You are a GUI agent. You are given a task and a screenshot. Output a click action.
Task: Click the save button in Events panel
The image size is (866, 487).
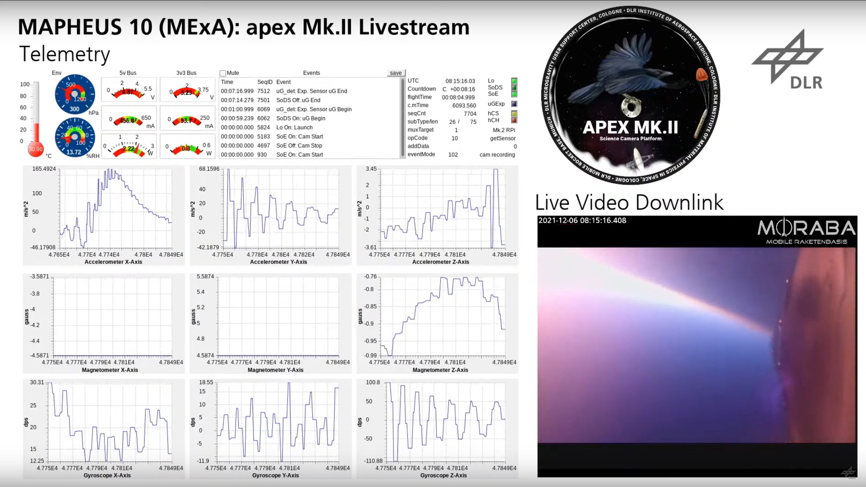click(x=396, y=73)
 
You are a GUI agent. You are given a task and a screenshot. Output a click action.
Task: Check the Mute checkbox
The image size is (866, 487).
click(x=223, y=73)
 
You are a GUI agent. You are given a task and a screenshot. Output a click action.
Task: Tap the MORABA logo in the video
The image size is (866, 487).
click(x=806, y=232)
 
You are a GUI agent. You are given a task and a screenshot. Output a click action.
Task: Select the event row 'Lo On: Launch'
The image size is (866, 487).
click(x=294, y=128)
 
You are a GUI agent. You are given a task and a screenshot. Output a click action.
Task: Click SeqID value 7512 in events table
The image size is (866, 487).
click(x=263, y=91)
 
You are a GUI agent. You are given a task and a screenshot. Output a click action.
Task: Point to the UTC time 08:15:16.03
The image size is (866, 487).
click(x=460, y=81)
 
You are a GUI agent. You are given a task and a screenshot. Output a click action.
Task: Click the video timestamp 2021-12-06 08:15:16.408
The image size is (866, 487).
click(x=582, y=221)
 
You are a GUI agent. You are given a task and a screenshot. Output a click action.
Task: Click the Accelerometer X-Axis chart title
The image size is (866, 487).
click(x=113, y=262)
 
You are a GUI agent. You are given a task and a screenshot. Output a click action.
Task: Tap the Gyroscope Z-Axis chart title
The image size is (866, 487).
click(x=443, y=475)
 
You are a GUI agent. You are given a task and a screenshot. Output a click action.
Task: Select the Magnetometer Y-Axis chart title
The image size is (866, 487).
click(x=275, y=370)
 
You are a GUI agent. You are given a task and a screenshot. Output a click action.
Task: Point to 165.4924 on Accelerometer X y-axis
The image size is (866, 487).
click(x=44, y=169)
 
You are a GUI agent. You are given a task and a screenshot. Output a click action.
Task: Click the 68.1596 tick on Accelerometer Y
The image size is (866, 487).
click(x=209, y=169)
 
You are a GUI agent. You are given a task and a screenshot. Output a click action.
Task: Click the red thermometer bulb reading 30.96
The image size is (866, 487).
click(x=36, y=149)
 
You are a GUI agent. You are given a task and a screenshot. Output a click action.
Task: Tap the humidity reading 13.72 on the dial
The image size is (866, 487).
click(x=74, y=152)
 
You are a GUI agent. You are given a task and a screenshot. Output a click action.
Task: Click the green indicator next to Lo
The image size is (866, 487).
click(x=514, y=81)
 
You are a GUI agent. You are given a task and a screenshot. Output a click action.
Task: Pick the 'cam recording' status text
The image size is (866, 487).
click(x=497, y=155)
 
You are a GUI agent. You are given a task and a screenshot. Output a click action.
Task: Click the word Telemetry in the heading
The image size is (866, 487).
click(x=64, y=55)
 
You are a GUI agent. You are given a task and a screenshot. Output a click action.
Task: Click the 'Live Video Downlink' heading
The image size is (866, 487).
click(x=629, y=202)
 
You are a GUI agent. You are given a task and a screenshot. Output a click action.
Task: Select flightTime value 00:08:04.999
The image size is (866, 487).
click(x=458, y=97)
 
